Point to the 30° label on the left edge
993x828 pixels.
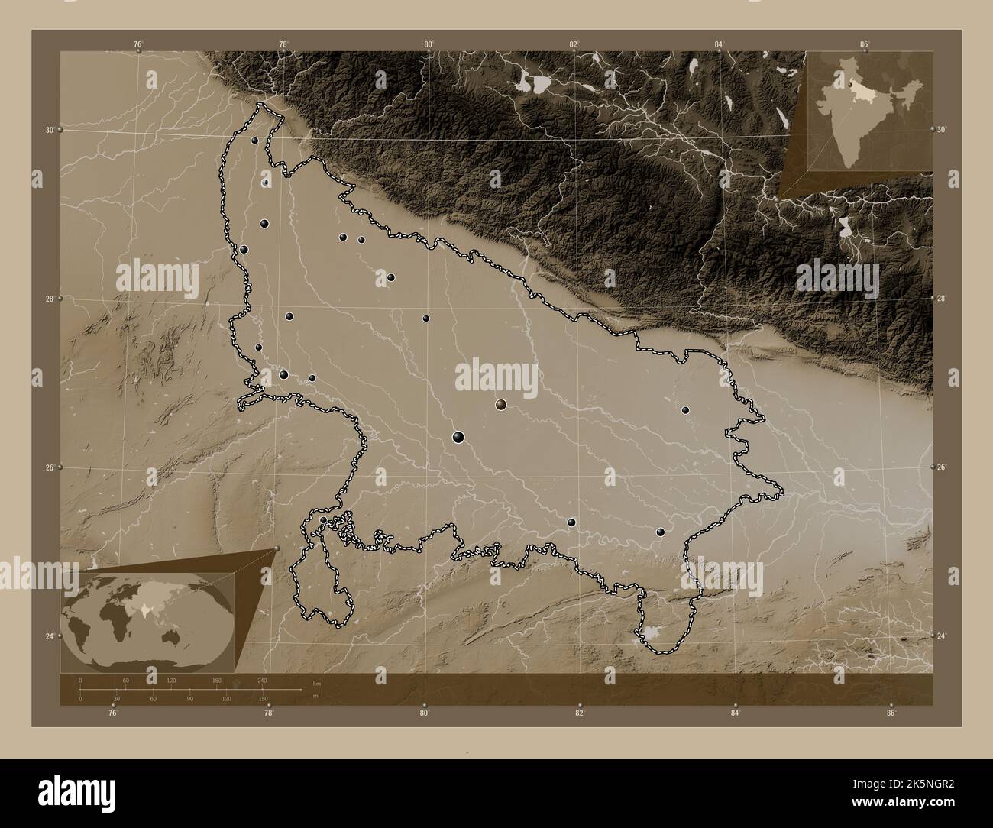(x=50, y=131)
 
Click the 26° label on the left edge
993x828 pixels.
(x=50, y=467)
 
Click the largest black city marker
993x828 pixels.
(x=458, y=437)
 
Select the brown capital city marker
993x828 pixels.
(x=501, y=404)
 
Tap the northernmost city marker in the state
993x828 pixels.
(x=254, y=141)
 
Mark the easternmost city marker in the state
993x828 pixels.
(x=685, y=410)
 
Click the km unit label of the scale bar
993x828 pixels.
(x=316, y=682)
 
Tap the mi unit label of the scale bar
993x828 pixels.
(x=316, y=696)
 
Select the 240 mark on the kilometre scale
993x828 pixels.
(x=262, y=680)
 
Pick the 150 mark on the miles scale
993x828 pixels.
(x=262, y=698)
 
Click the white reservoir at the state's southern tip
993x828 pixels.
(x=651, y=632)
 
